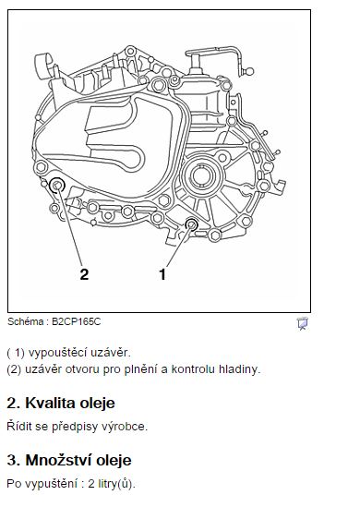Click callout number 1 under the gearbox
click(x=162, y=273)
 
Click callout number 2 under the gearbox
click(x=84, y=273)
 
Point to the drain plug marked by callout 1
click(x=192, y=225)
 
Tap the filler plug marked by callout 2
click(x=56, y=186)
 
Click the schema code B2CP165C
click(x=76, y=323)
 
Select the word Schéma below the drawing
click(x=24, y=323)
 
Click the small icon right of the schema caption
click(x=302, y=323)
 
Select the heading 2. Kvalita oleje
click(x=61, y=404)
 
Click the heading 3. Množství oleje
click(x=69, y=459)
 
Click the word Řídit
click(x=20, y=427)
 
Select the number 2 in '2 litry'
click(x=80, y=483)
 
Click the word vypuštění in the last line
click(x=47, y=483)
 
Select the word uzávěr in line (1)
click(x=110, y=353)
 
